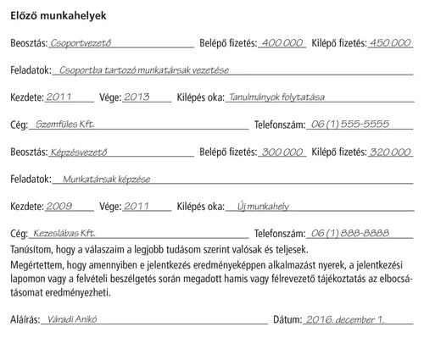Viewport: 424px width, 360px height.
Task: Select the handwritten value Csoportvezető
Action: coord(81,42)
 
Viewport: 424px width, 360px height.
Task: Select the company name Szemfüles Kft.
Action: coord(66,125)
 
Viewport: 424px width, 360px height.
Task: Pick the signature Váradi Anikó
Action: coord(75,321)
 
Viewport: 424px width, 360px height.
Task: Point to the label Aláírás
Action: coord(25,321)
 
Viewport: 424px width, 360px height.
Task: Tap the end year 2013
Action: coord(136,97)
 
